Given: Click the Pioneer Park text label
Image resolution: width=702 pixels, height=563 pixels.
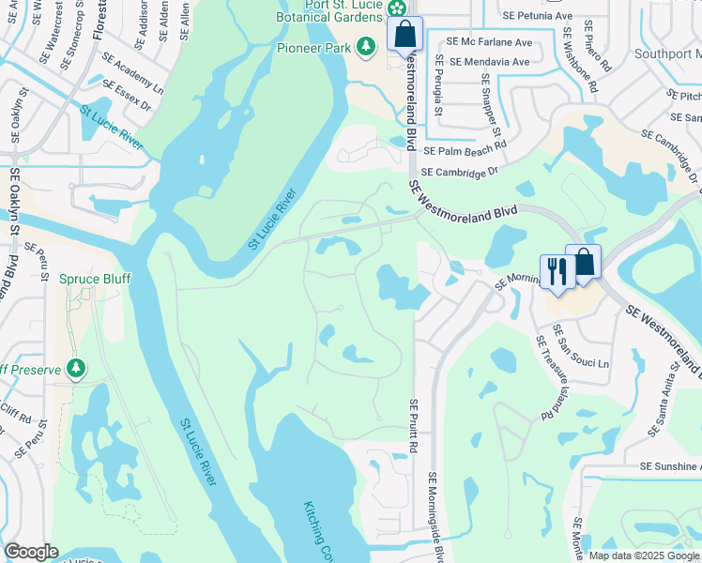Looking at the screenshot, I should tap(313, 48).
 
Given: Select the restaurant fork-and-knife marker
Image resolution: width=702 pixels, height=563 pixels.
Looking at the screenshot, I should tap(557, 273).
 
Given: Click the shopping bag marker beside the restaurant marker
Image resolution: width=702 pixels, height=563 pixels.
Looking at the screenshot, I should tap(584, 264).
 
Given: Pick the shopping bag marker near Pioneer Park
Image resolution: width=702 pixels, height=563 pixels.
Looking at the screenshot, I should tap(404, 35).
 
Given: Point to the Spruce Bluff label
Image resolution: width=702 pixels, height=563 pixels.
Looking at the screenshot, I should tap(95, 279).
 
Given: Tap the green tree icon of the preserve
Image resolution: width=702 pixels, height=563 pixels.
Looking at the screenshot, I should tap(77, 369).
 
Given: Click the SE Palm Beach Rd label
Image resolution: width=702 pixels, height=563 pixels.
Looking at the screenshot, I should tap(465, 148).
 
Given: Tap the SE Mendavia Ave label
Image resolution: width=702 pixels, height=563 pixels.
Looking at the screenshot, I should tap(489, 62).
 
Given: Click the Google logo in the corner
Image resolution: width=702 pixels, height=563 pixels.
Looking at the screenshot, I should tap(30, 552).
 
